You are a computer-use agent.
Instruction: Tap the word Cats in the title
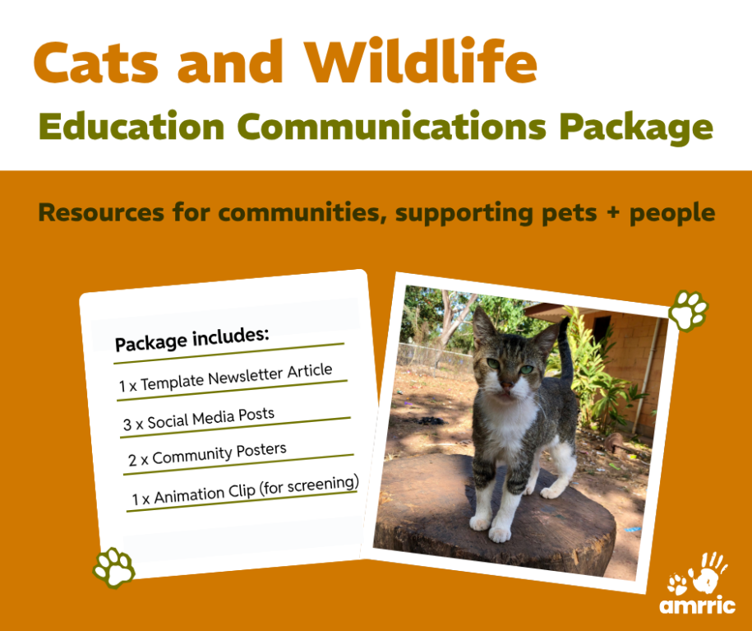(x=96, y=63)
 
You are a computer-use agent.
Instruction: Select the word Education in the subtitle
(x=131, y=126)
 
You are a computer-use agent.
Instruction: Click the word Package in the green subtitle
(x=636, y=128)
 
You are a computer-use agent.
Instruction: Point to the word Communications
(x=392, y=126)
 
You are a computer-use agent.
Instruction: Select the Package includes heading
(x=191, y=339)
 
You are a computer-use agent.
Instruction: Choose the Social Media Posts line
(x=199, y=419)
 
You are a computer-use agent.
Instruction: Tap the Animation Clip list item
(x=245, y=491)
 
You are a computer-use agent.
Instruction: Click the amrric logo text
(x=697, y=605)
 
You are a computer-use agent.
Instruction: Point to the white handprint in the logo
(x=708, y=572)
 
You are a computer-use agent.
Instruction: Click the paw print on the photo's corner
(x=689, y=311)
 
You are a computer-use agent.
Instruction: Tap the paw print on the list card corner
(x=114, y=568)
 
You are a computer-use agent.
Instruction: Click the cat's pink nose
(x=506, y=385)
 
